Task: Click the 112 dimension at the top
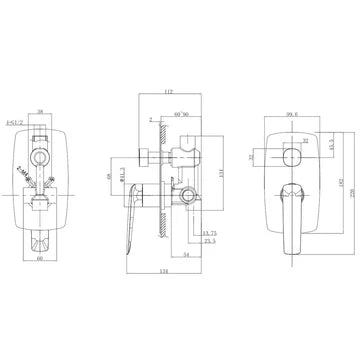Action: point(166,91)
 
